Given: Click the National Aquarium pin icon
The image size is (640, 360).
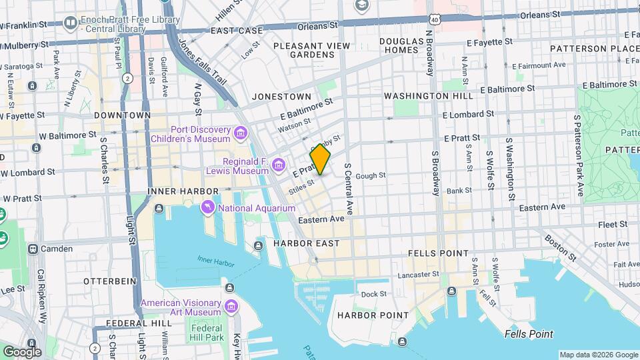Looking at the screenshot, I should [x=209, y=209].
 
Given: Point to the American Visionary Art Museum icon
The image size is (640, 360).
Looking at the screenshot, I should [x=231, y=306].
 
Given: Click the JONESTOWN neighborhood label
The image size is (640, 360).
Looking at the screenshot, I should [x=281, y=97].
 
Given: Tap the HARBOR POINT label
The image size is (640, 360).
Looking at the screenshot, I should [x=373, y=315].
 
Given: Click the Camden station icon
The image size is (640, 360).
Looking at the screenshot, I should [x=33, y=249].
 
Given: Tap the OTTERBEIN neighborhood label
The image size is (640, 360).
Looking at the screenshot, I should [x=111, y=281].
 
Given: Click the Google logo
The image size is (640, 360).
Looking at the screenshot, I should [x=22, y=351].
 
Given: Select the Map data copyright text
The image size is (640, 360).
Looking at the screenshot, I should [x=597, y=355].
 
